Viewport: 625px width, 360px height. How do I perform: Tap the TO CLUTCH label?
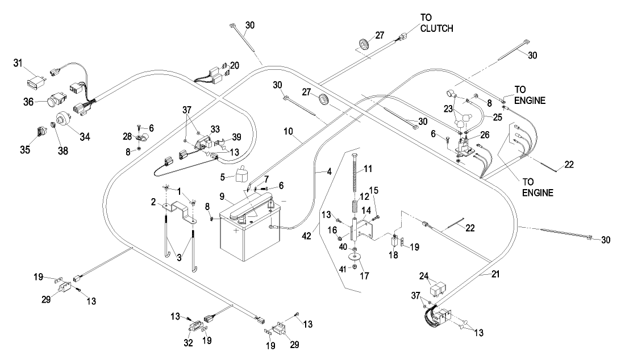[x=436, y=23]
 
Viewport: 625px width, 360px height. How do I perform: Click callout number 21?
[x=481, y=275]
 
